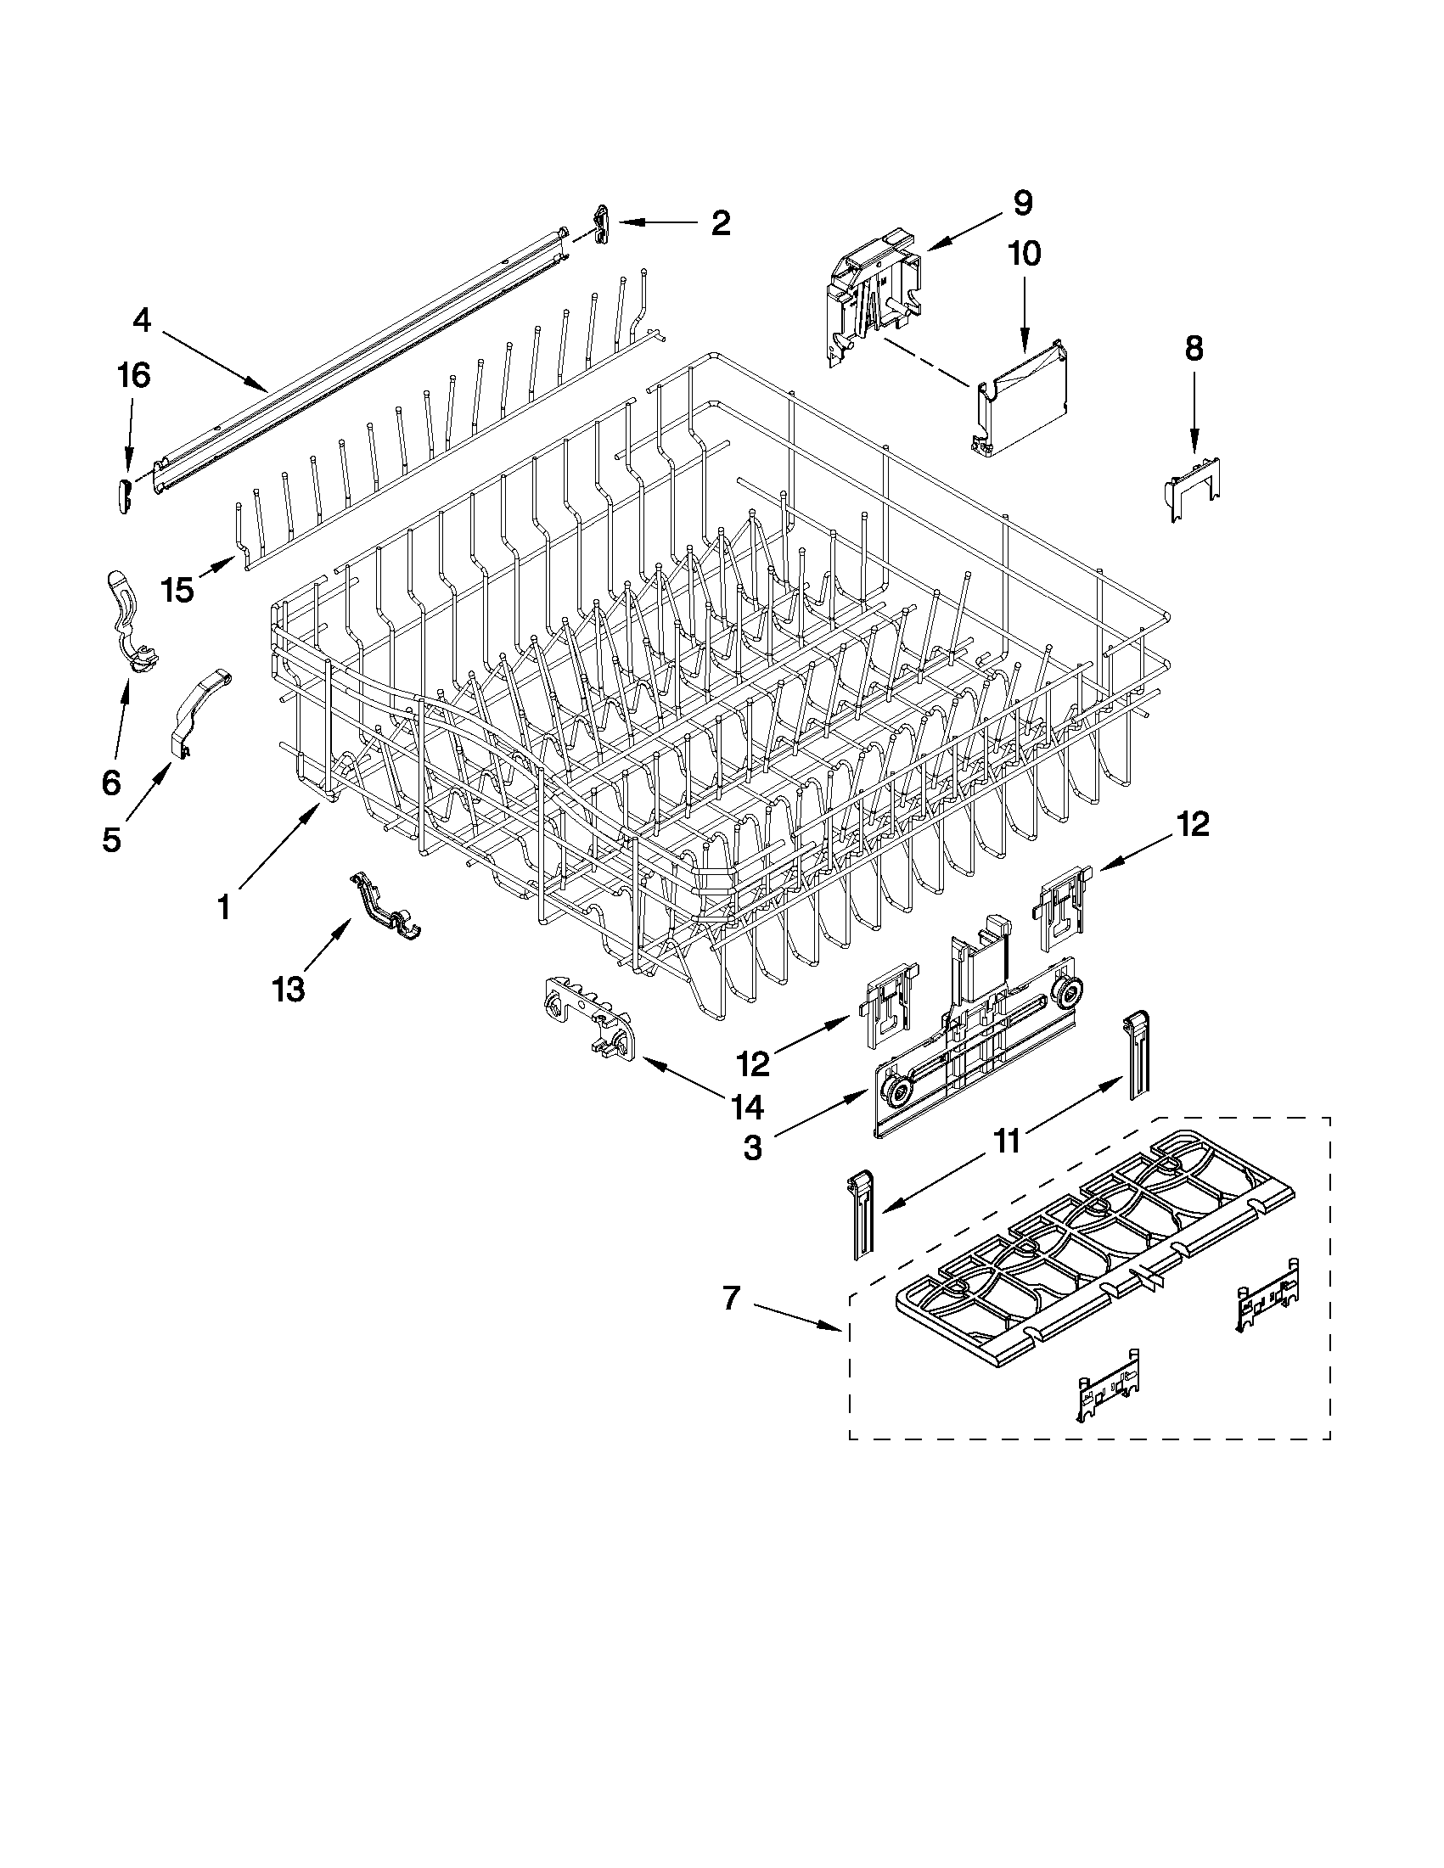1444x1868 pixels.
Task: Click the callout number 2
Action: (720, 223)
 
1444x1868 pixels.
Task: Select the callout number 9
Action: (1022, 204)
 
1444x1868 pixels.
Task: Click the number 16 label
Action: (134, 375)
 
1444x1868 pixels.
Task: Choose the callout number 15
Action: (178, 590)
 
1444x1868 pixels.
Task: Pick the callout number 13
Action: (289, 990)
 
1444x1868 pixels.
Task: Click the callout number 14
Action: (747, 1108)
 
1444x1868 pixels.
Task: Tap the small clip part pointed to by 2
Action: (601, 223)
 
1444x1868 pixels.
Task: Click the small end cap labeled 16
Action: (123, 496)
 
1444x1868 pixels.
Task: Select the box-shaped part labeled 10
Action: (1022, 401)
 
